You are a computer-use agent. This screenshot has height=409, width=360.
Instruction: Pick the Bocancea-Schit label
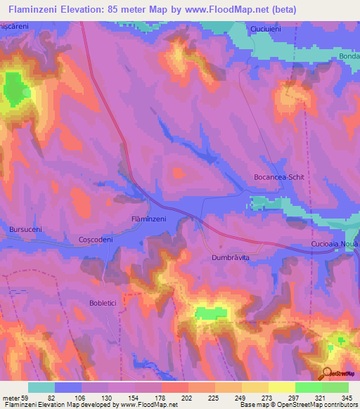click(278, 178)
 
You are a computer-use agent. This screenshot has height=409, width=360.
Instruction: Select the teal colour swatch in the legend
click(41, 387)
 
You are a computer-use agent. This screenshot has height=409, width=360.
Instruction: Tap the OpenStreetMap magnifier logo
click(328, 373)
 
